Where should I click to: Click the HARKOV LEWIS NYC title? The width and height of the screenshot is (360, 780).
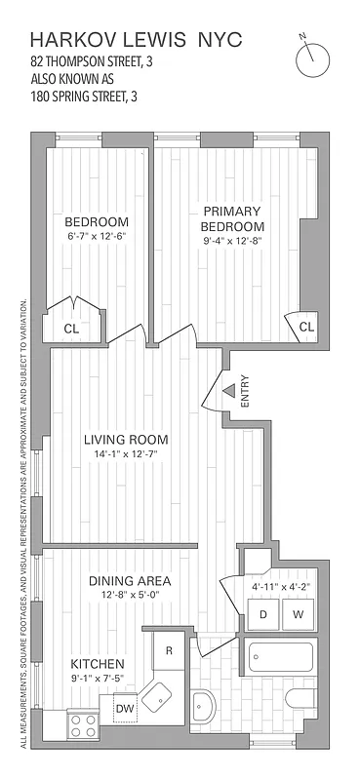[136, 40]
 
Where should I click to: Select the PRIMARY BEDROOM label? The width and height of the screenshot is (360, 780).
[232, 218]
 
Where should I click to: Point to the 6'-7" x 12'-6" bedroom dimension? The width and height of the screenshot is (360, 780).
[98, 235]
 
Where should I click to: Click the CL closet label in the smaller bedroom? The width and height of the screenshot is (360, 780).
[72, 329]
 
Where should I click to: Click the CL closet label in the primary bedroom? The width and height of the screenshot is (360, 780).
[305, 326]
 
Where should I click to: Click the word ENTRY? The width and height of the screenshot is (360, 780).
[245, 391]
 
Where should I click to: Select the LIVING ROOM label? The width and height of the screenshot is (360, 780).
[126, 439]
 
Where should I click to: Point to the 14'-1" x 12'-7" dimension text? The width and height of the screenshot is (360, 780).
[126, 454]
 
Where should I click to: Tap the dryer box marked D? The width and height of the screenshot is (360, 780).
[263, 614]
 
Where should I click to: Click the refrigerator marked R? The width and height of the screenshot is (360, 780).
[169, 650]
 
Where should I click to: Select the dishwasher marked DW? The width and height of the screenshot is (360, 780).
[126, 709]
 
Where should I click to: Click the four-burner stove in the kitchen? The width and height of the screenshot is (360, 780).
[81, 726]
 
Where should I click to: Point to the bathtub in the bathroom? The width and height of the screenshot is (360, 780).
[280, 657]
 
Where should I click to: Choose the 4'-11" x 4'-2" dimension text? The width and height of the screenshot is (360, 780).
[278, 587]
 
